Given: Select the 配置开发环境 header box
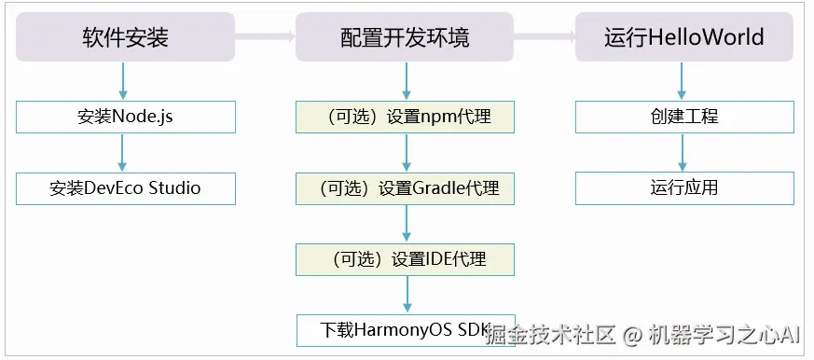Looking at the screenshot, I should (x=405, y=37).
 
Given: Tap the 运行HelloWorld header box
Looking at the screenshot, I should (x=684, y=37).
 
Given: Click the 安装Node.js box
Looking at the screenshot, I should (x=126, y=117).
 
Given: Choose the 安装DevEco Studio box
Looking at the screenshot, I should (x=126, y=188).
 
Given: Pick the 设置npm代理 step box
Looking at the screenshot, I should (x=405, y=117).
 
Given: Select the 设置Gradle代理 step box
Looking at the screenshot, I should (x=405, y=188).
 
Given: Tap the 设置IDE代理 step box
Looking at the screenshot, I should (x=405, y=259).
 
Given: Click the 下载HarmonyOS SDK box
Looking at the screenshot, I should (x=405, y=330).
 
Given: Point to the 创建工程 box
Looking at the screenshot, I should (x=684, y=117).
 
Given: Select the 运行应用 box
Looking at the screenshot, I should (x=684, y=188).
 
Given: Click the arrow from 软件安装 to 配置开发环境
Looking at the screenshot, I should (x=265, y=37).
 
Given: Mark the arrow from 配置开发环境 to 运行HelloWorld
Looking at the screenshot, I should (x=544, y=37).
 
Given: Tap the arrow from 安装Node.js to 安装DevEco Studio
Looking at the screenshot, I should (x=123, y=152).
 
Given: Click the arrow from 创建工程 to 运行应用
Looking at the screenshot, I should (x=683, y=152).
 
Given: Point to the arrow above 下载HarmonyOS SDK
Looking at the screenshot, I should (x=407, y=295).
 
